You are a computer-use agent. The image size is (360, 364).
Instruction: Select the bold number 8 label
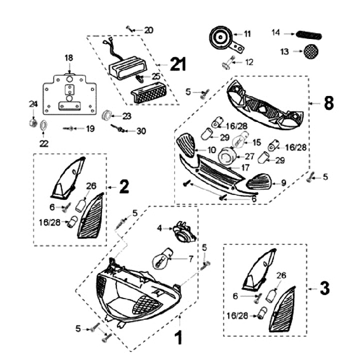pos(328,103)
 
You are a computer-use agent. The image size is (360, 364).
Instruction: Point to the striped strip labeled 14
pos(309,34)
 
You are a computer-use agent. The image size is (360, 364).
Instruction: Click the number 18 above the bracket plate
pos(69,58)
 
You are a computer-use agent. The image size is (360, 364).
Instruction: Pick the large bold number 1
pos(177,338)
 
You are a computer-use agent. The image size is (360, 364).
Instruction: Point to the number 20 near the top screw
pos(148,30)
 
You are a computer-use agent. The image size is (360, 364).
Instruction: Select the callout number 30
pos(141,131)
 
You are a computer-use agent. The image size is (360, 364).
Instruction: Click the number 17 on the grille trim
pos(245,168)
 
